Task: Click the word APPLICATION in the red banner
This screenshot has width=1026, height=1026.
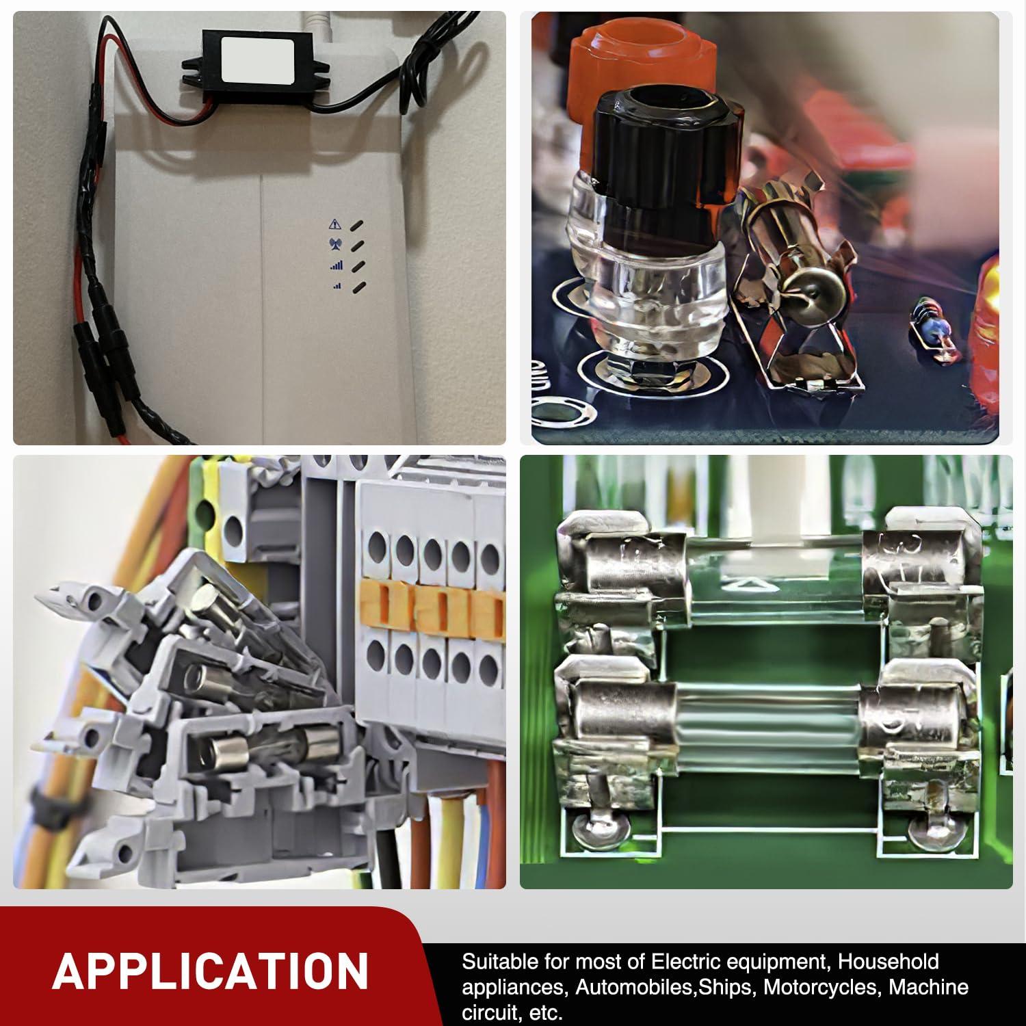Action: pyautogui.click(x=210, y=970)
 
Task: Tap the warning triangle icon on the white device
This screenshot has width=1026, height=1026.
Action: pyautogui.click(x=334, y=224)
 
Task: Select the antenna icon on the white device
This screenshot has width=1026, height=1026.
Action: pyautogui.click(x=335, y=244)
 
